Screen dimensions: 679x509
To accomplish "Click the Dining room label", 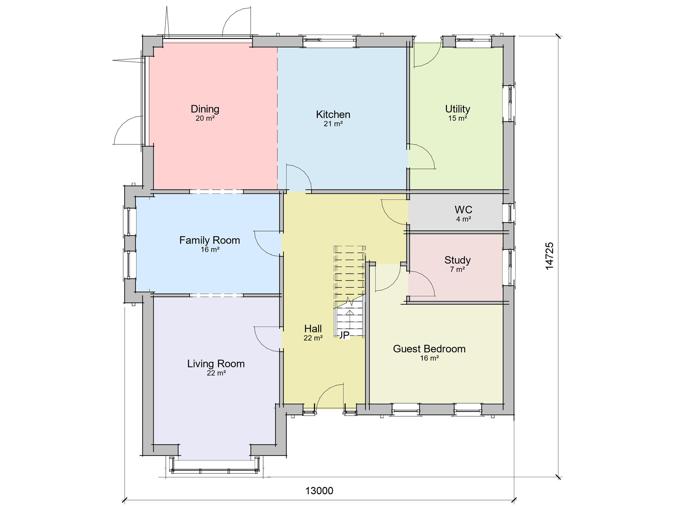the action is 205,109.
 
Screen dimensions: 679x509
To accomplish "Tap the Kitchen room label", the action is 333,115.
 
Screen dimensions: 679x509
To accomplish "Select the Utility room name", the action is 457,109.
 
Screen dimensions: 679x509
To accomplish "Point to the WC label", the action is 463,210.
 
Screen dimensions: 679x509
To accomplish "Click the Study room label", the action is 457,260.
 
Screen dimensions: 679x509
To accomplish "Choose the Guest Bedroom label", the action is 429,349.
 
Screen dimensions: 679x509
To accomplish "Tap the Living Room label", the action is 216,364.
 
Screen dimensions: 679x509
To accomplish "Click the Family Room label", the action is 210,241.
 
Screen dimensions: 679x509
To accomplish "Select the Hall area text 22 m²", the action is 313,338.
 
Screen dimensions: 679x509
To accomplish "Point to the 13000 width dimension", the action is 319,491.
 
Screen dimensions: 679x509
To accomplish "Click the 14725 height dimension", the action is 550,256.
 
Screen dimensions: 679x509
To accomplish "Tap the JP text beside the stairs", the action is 344,335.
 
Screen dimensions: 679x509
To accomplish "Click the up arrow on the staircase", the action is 350,318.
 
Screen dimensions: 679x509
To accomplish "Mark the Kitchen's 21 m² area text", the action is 333,124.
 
